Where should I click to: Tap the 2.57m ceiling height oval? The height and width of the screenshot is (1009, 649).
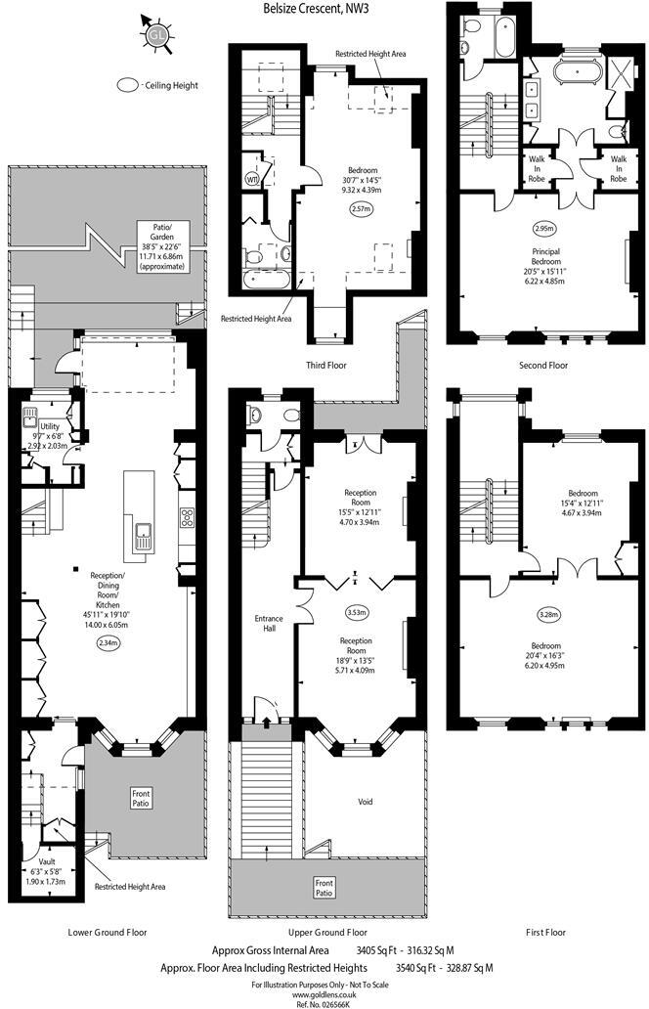(x=362, y=207)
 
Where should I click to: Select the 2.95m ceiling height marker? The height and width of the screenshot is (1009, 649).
(x=544, y=228)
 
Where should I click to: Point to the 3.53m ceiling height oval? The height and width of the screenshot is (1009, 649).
(x=356, y=613)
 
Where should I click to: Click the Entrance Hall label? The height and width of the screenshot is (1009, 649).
(x=268, y=624)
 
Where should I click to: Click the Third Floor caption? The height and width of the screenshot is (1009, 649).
(x=319, y=365)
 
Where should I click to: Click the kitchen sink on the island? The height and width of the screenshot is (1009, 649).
(x=143, y=536)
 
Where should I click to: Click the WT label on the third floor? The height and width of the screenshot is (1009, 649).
(x=252, y=180)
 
